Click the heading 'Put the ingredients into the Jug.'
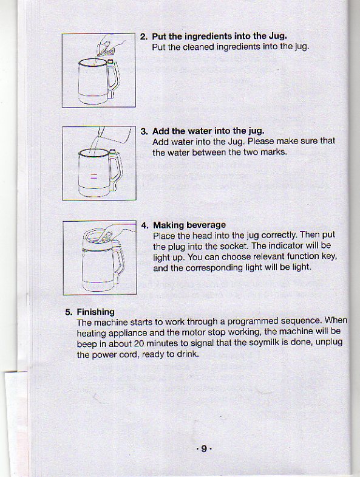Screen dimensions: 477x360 tap(219, 36)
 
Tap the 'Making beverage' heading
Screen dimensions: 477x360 tap(189, 225)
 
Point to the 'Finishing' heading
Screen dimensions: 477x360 tap(95, 312)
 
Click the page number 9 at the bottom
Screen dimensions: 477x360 tap(204, 449)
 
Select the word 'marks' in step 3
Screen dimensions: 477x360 tap(271, 152)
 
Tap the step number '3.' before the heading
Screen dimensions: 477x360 tap(144, 131)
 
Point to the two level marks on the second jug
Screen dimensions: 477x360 tap(93, 177)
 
